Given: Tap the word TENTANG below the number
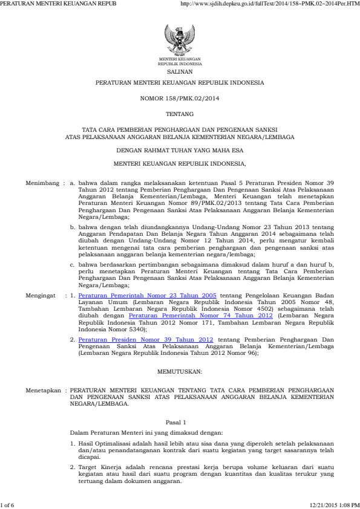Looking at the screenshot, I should click(180, 114).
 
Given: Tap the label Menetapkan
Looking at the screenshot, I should click(43, 391).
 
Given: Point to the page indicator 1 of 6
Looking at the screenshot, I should click(8, 505).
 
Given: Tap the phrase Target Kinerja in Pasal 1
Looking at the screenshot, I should click(99, 467).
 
